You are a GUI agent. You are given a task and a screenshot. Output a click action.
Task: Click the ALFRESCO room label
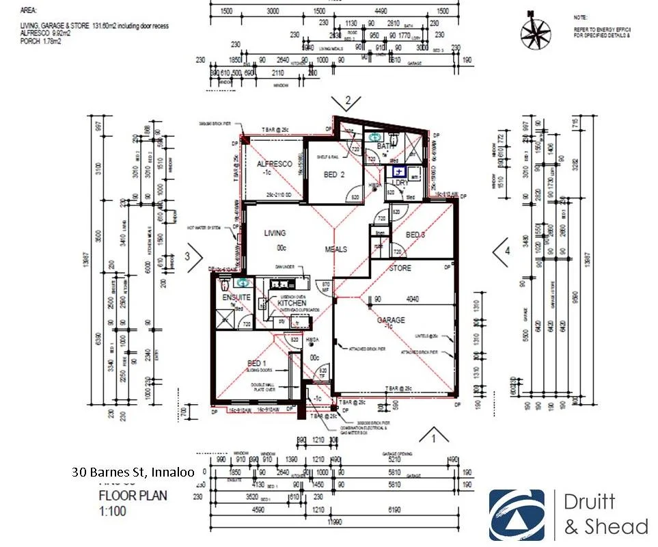pos(275,164)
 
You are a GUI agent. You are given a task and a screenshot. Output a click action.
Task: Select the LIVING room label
pos(275,233)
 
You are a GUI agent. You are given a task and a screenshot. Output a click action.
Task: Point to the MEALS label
pos(336,250)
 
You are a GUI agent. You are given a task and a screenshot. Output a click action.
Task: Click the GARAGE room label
pos(392,319)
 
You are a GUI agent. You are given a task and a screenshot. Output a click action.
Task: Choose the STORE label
pos(400,268)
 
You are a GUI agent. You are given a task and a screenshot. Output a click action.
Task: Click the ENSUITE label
pos(236,298)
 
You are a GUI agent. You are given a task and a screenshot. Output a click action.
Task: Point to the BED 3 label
pos(415,235)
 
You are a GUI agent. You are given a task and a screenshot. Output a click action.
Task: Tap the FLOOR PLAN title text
pos(133,496)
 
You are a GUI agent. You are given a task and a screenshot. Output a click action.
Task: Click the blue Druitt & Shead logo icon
pos(517,515)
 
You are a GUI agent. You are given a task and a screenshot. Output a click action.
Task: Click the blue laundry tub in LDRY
pos(398,173)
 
